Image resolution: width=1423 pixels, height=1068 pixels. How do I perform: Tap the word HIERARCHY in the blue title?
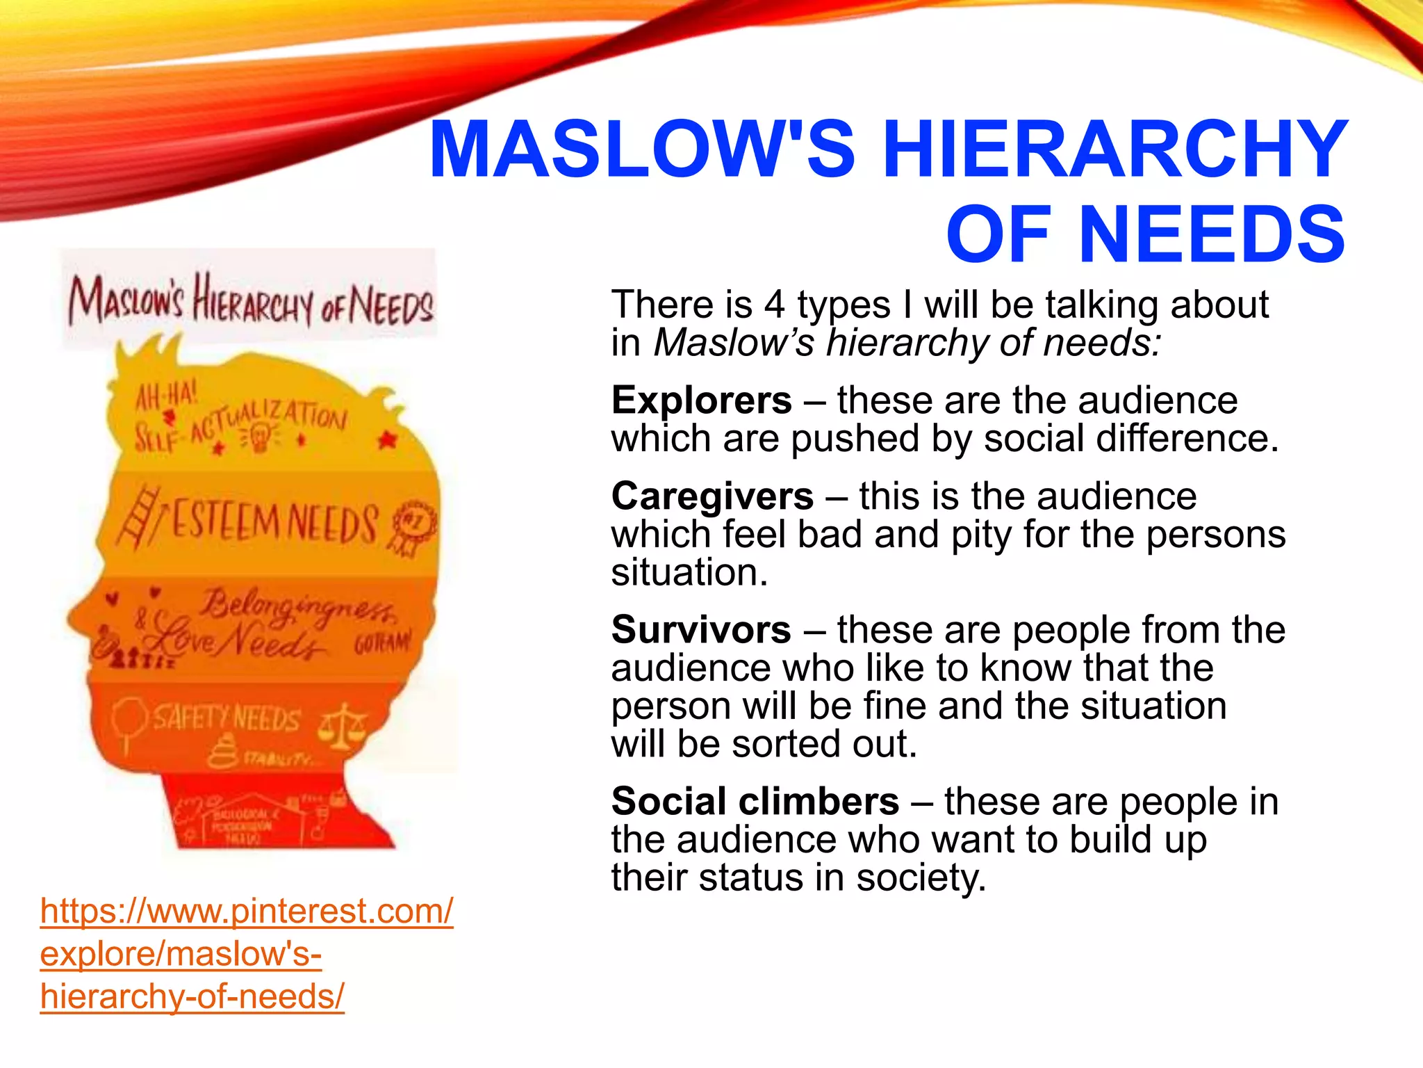click(x=1114, y=149)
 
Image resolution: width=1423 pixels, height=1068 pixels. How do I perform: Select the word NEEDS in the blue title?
click(x=1212, y=234)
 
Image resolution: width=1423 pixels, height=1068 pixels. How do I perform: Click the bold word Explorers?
click(x=701, y=400)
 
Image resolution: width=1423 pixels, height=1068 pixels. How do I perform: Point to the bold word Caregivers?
click(x=712, y=496)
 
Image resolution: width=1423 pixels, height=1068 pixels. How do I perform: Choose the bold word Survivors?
click(x=701, y=630)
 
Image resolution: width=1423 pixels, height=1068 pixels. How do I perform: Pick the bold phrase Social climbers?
click(x=755, y=802)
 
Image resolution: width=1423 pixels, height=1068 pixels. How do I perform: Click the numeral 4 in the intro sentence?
click(x=774, y=305)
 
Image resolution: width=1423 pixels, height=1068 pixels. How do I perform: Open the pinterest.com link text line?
click(x=247, y=911)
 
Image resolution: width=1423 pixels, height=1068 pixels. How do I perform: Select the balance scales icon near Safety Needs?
click(x=342, y=725)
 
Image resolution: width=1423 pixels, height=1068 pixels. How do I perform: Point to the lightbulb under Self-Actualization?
click(x=260, y=438)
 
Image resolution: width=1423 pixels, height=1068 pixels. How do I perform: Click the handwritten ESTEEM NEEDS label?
click(x=274, y=524)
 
